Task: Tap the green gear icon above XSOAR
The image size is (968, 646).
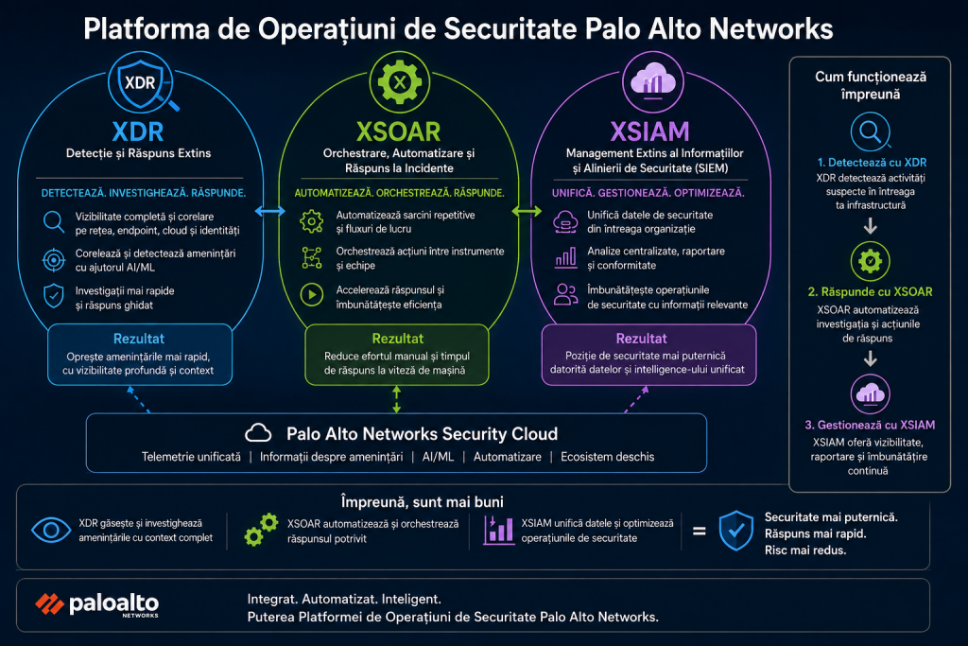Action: [400, 81]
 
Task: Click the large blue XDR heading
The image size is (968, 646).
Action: [138, 131]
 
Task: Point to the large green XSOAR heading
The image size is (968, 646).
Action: [398, 131]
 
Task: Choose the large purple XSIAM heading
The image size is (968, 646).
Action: [649, 131]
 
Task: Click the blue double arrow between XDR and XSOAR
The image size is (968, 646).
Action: [270, 211]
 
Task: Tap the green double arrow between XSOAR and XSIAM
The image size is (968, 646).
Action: [527, 211]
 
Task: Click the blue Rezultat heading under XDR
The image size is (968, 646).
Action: [139, 339]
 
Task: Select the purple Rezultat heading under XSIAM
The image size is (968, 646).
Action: [642, 339]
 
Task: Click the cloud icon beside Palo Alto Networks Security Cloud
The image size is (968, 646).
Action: [258, 433]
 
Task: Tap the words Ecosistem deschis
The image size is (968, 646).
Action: [608, 457]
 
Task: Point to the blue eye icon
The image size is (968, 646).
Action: [51, 530]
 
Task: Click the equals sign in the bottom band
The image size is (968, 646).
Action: [699, 531]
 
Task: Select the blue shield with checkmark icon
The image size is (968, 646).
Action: [735, 531]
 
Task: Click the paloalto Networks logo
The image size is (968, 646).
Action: [97, 604]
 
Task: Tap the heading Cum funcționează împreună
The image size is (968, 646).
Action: [871, 85]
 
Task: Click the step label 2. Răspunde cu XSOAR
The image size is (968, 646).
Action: [870, 291]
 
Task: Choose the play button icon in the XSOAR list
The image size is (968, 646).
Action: [312, 294]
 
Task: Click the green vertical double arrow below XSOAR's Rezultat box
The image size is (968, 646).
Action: [396, 399]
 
